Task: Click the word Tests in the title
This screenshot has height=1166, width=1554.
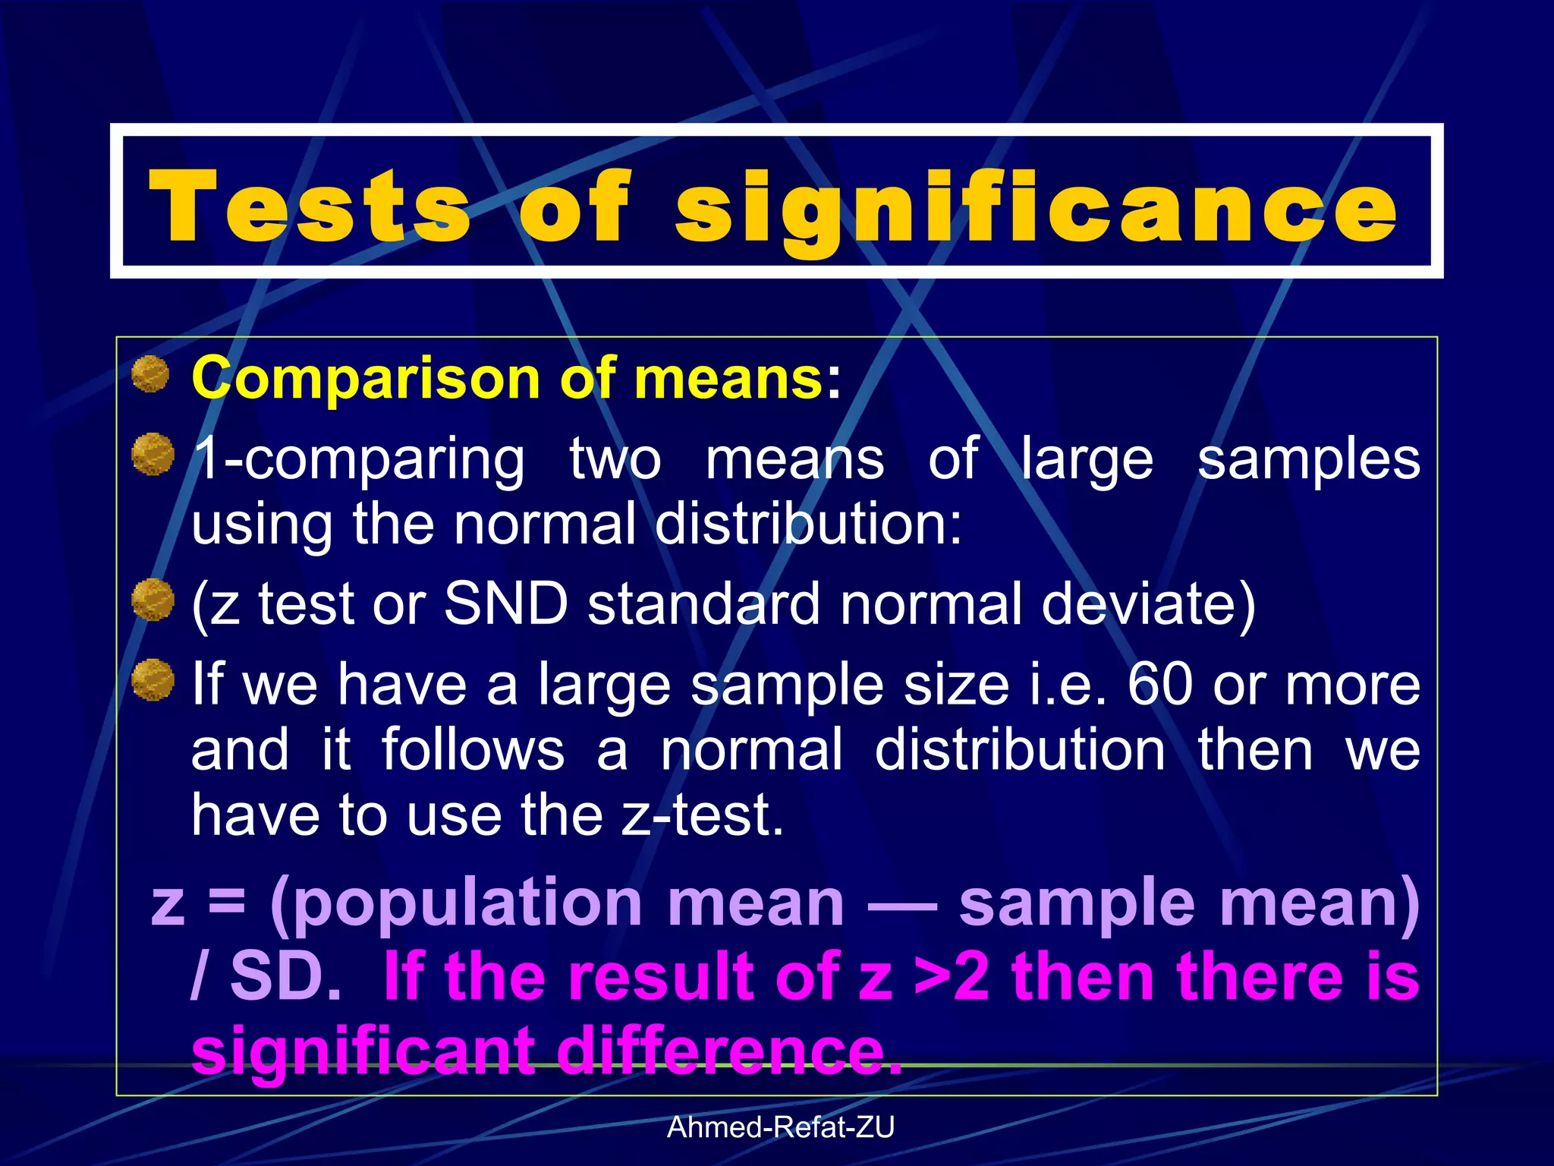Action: (310, 206)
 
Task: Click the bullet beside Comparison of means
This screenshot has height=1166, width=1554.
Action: (150, 374)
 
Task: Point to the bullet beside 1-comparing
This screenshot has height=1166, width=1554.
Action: (153, 454)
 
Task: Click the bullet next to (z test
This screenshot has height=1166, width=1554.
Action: (153, 600)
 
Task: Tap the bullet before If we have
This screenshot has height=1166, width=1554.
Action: (153, 679)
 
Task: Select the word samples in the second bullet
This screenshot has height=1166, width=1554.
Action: (1308, 460)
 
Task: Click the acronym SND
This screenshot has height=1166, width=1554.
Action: (505, 603)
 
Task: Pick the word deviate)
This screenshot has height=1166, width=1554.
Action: (1148, 605)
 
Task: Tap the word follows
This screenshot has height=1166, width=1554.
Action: (473, 749)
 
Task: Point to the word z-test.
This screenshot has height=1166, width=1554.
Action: (702, 815)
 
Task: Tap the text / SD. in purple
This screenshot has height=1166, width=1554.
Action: (266, 977)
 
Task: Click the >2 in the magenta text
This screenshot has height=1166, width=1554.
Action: (952, 977)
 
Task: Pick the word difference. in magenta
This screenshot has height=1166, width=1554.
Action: (728, 1051)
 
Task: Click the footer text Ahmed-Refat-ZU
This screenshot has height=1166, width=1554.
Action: (780, 1127)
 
